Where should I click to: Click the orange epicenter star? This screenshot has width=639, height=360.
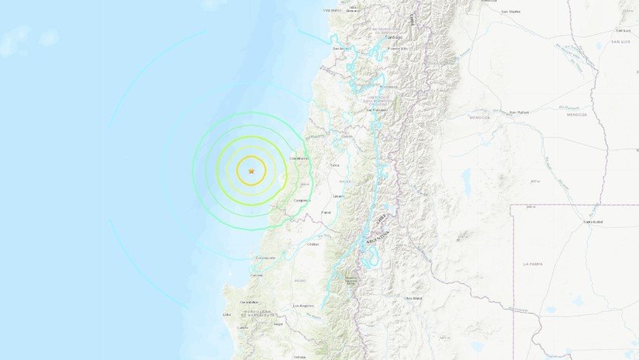pyautogui.click(x=250, y=171)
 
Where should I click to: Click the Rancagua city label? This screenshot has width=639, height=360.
pyautogui.click(x=389, y=86)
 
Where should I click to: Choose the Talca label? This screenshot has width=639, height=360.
pyautogui.click(x=335, y=165)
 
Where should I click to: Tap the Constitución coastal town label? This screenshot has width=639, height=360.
pyautogui.click(x=299, y=159)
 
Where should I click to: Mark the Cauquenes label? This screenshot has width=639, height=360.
pyautogui.click(x=302, y=200)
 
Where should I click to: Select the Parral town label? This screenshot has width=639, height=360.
pyautogui.click(x=326, y=212)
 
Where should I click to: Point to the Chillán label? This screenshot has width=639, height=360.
pyautogui.click(x=313, y=244)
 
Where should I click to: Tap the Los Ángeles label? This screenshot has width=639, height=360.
pyautogui.click(x=304, y=306)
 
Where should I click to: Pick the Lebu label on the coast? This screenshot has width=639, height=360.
pyautogui.click(x=227, y=314)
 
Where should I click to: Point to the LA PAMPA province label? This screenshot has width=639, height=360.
pyautogui.click(x=532, y=264)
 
